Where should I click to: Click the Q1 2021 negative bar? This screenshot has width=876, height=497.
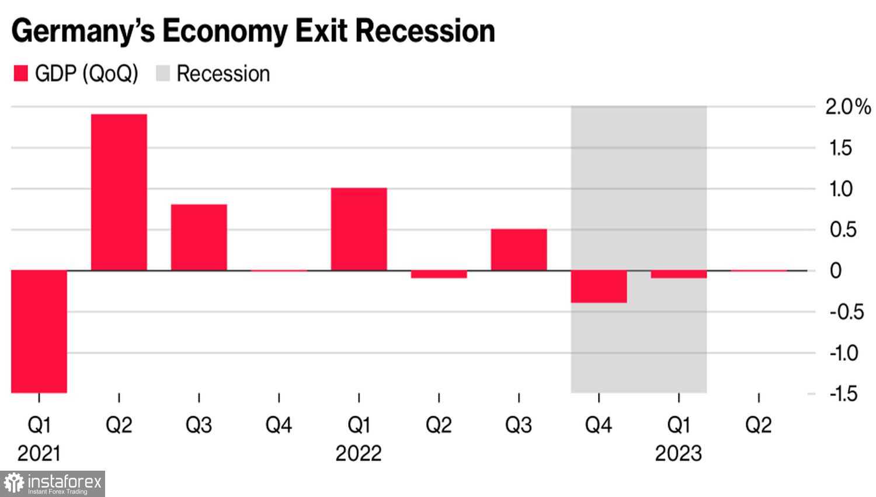pyautogui.click(x=39, y=331)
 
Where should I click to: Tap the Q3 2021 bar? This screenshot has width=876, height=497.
pyautogui.click(x=199, y=237)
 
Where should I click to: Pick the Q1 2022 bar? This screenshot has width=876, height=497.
pyautogui.click(x=359, y=229)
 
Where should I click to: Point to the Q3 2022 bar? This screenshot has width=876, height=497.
pyautogui.click(x=519, y=249)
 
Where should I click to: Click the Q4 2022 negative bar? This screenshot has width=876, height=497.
pyautogui.click(x=599, y=287)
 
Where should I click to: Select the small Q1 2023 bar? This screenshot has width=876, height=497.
pyautogui.click(x=679, y=274)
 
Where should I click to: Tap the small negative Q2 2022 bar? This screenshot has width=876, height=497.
pyautogui.click(x=439, y=274)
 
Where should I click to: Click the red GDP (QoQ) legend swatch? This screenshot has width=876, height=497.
pyautogui.click(x=20, y=74)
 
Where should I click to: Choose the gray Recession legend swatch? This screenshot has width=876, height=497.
pyautogui.click(x=163, y=74)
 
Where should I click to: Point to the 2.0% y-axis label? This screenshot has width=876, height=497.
pyautogui.click(x=847, y=106)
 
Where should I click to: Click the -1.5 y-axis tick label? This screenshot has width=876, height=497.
pyautogui.click(x=843, y=394)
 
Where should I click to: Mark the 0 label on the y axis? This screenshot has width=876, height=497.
pyautogui.click(x=836, y=271)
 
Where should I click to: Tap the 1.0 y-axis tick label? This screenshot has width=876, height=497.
pyautogui.click(x=841, y=189)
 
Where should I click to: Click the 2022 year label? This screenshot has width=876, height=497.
pyautogui.click(x=358, y=454)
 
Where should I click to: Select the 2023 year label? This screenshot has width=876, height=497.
pyautogui.click(x=678, y=454)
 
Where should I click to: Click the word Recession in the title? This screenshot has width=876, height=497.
pyautogui.click(x=425, y=30)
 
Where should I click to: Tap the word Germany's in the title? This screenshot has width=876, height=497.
pyautogui.click(x=83, y=32)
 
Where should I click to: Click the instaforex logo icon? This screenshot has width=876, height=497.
pyautogui.click(x=14, y=484)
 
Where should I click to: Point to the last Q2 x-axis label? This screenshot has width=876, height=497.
pyautogui.click(x=758, y=425)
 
